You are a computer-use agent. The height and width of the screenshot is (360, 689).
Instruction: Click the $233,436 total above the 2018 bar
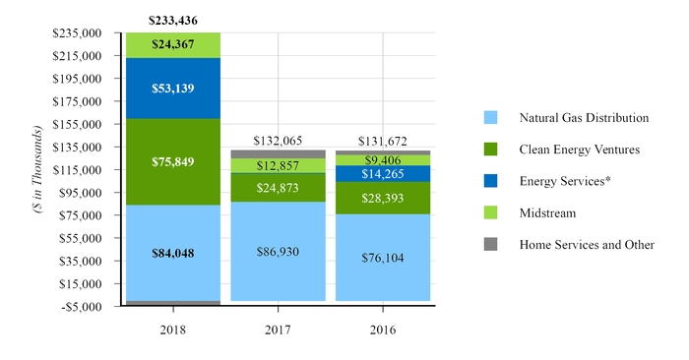click(x=172, y=19)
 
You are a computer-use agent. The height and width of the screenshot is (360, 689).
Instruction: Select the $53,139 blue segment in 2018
click(x=172, y=88)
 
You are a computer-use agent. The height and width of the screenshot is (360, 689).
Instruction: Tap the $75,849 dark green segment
click(x=172, y=161)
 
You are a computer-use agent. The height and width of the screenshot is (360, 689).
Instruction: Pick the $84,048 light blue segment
click(x=172, y=253)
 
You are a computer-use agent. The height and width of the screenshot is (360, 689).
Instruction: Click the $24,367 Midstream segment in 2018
click(x=172, y=44)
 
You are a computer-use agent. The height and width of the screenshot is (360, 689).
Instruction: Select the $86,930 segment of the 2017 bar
click(x=279, y=252)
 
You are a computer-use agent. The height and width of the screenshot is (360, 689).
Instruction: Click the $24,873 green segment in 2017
click(x=279, y=187)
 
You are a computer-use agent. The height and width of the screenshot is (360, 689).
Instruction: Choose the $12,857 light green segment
click(x=279, y=165)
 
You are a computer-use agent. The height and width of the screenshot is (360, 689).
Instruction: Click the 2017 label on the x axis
click(x=279, y=330)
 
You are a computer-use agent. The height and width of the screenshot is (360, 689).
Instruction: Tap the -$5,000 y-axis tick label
click(x=79, y=306)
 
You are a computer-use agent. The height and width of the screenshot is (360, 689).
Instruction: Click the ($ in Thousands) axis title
click(x=36, y=169)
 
